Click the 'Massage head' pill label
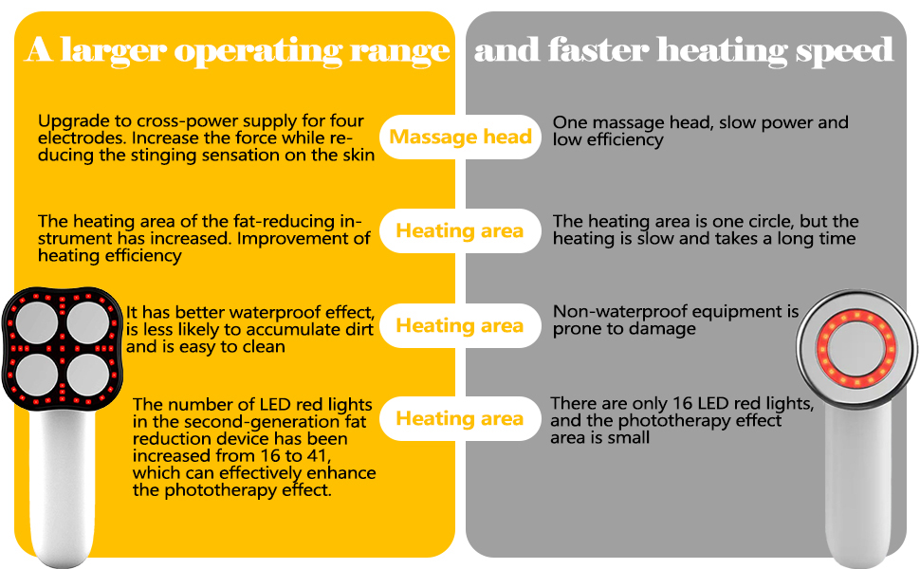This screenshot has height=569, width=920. click(460, 138)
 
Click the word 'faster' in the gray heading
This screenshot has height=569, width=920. click(601, 49)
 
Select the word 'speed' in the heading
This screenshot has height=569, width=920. click(844, 50)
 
